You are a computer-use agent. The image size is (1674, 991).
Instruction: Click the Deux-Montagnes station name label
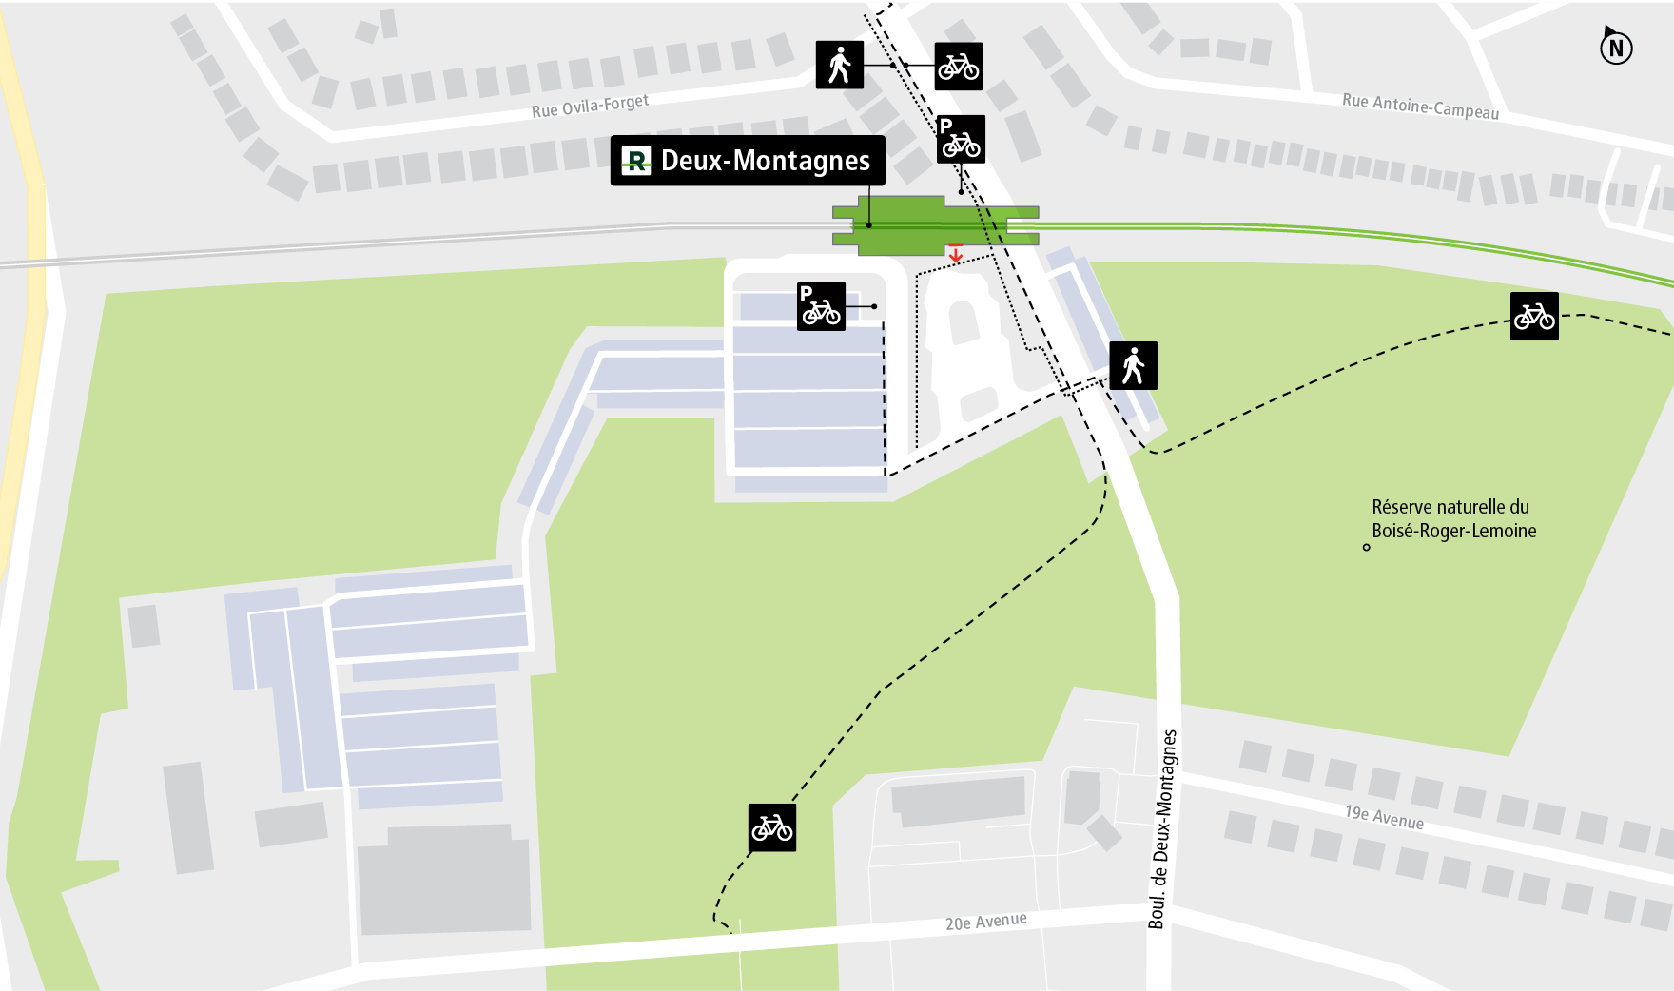[765, 161]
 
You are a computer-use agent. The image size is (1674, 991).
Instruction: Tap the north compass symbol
[1615, 47]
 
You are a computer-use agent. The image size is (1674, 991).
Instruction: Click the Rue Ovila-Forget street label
[590, 106]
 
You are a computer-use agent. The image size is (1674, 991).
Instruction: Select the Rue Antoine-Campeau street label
[1420, 107]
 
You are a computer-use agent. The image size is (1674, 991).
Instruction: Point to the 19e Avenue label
[1384, 817]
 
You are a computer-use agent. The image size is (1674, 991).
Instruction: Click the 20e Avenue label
[985, 922]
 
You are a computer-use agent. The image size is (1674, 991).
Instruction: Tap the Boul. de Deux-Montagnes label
[1162, 828]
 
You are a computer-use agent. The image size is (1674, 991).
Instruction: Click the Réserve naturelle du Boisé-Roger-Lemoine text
[1452, 519]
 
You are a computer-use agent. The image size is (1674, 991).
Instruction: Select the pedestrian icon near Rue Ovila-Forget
[840, 65]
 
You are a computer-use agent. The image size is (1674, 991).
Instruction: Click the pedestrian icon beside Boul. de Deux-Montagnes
[1133, 365]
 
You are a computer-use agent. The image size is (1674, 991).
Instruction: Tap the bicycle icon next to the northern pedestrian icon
[958, 67]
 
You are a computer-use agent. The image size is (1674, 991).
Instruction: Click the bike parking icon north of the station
[961, 140]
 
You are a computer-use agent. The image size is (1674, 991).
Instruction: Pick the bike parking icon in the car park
[821, 306]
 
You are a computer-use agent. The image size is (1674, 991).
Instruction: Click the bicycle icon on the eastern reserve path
[1534, 316]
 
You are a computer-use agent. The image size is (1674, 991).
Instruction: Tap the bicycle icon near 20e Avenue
[771, 827]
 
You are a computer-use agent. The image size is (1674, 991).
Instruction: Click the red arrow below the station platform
[956, 253]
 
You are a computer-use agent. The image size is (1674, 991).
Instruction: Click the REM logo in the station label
[635, 161]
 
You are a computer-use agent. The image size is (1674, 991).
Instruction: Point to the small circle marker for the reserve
[1367, 547]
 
